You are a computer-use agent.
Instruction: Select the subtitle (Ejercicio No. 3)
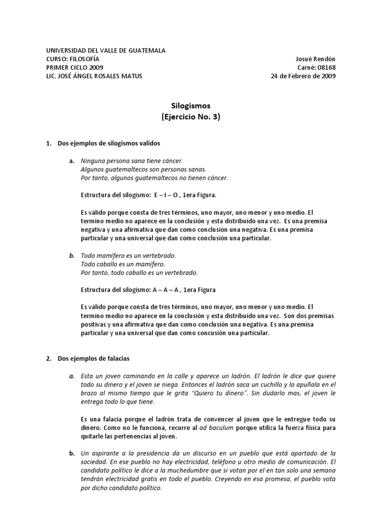tap(191, 117)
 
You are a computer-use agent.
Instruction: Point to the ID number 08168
tap(327, 68)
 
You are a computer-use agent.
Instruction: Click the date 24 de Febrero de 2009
tap(303, 76)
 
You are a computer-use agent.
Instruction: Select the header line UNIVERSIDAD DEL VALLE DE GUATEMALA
tap(106, 51)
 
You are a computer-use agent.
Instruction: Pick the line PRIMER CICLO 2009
tap(75, 68)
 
